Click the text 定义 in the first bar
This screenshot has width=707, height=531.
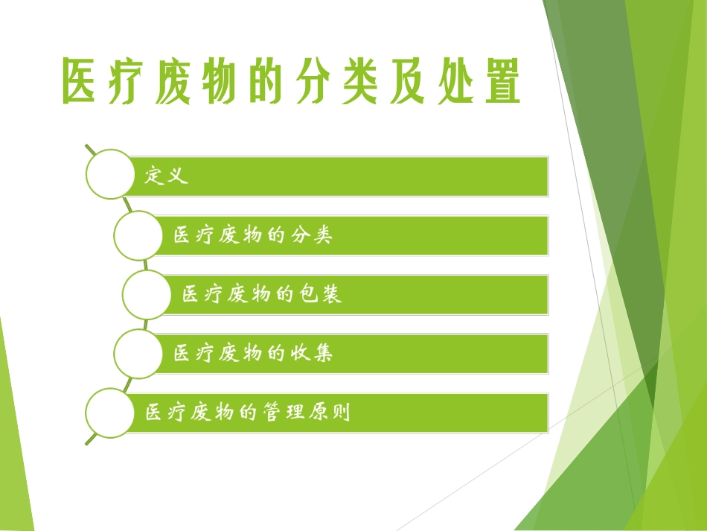tap(165, 177)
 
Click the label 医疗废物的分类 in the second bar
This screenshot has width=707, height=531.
tap(253, 236)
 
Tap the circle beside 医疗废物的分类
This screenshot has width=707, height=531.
tap(138, 235)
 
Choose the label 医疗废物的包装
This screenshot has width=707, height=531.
tap(262, 295)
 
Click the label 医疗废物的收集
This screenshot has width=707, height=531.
tap(253, 353)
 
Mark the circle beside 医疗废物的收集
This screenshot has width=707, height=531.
tap(138, 353)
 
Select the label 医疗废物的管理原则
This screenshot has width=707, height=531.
tap(248, 413)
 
